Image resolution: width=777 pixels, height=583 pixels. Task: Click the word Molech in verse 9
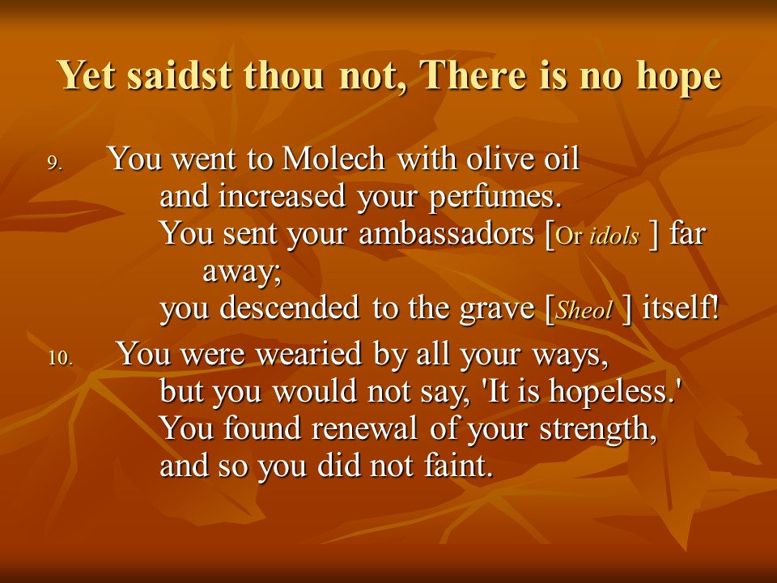point(333,159)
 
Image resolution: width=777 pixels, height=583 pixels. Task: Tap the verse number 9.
point(55,163)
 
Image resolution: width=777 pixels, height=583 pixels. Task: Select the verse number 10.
point(61,358)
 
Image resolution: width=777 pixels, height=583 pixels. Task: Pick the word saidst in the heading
point(180,74)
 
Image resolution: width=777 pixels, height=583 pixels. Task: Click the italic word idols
point(614,236)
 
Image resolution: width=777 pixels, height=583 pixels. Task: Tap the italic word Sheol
point(584,311)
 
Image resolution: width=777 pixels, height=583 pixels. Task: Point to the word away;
point(242,272)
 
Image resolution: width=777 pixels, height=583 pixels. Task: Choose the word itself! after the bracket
point(680,308)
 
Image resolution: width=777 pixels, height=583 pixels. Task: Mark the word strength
point(598,430)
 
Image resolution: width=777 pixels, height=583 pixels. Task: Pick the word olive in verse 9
point(503,159)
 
